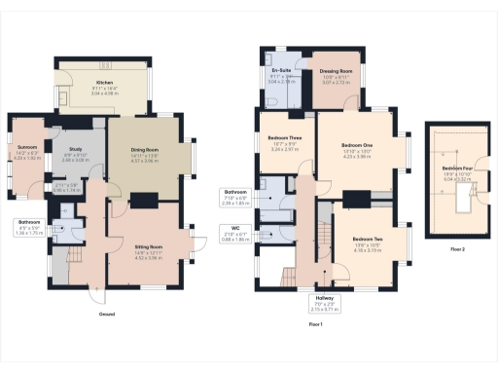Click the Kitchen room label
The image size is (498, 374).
(x=104, y=83)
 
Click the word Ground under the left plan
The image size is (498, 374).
(x=109, y=316)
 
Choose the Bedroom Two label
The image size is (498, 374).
(x=367, y=239)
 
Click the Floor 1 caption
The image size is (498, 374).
(x=314, y=322)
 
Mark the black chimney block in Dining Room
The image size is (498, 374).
(x=143, y=200)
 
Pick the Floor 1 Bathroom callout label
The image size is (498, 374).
(x=235, y=192)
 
